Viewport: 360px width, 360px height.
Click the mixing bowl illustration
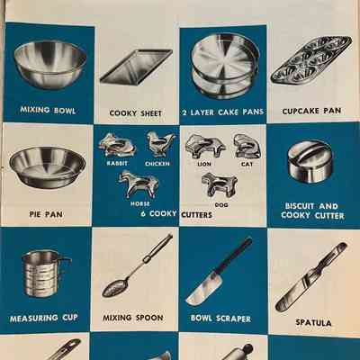(x=50, y=65)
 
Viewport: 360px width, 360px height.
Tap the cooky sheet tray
(x=136, y=67)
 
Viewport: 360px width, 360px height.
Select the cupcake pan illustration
(x=311, y=60)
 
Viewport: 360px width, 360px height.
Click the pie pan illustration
(x=48, y=167)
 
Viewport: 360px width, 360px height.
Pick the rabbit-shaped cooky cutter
(x=117, y=146)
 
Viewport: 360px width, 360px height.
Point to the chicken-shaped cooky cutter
(x=159, y=143)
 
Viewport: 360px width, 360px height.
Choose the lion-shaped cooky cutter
(x=205, y=146)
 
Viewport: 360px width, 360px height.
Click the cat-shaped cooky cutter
(x=247, y=146)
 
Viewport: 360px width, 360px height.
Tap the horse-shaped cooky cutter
(x=139, y=184)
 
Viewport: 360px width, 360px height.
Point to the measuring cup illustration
(x=46, y=273)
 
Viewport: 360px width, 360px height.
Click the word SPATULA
(x=313, y=323)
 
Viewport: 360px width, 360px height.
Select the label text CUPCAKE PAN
(x=311, y=111)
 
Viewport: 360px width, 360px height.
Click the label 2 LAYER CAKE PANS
(x=223, y=112)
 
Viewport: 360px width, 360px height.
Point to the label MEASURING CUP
(x=44, y=318)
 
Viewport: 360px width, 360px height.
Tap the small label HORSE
(x=139, y=204)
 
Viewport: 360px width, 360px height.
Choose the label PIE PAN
(x=46, y=214)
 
